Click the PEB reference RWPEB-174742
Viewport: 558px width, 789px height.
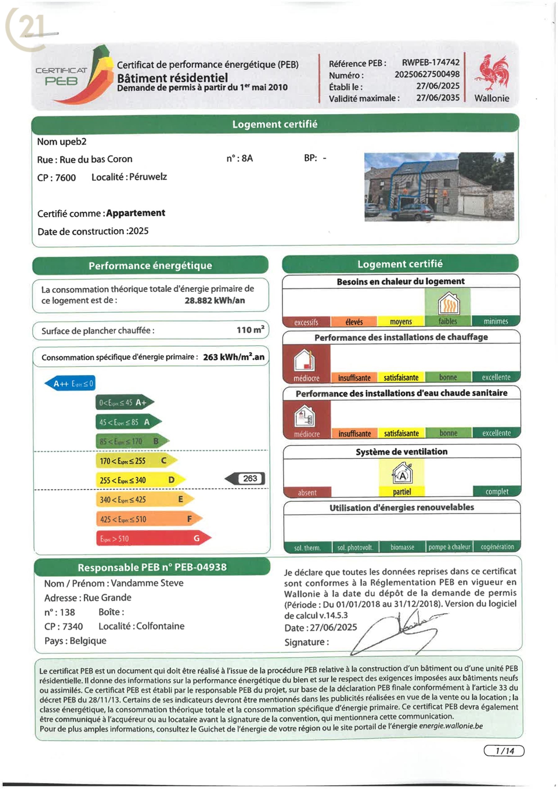click(x=431, y=62)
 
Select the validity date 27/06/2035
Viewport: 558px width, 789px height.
click(x=438, y=98)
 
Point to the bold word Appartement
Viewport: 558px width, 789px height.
click(x=136, y=213)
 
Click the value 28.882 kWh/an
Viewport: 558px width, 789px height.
click(x=215, y=301)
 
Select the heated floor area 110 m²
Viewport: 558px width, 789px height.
click(x=250, y=330)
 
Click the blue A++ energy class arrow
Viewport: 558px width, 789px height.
click(x=70, y=383)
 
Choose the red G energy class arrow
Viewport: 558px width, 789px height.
click(x=153, y=538)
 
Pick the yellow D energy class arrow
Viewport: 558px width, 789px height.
click(x=140, y=480)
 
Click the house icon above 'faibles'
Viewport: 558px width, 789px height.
click(x=448, y=303)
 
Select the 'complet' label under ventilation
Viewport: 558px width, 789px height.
click(x=497, y=492)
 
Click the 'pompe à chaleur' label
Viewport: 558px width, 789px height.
click(x=449, y=547)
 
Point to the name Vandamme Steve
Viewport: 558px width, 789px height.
click(x=147, y=583)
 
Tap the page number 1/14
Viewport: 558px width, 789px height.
click(x=504, y=751)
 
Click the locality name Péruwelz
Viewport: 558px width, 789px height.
click(x=148, y=177)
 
